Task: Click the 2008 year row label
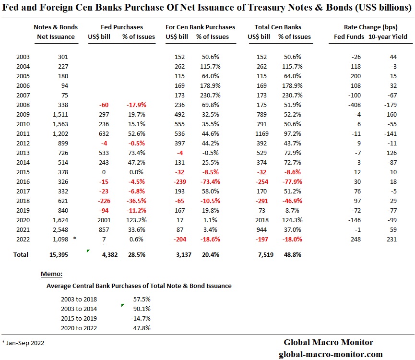point(23,105)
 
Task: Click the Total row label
point(21,254)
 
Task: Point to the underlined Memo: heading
point(51,274)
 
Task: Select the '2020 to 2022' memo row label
point(79,328)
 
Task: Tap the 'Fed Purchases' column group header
point(122,27)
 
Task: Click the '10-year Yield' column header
point(388,36)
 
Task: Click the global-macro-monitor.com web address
point(331,354)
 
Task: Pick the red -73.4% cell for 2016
point(210,181)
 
